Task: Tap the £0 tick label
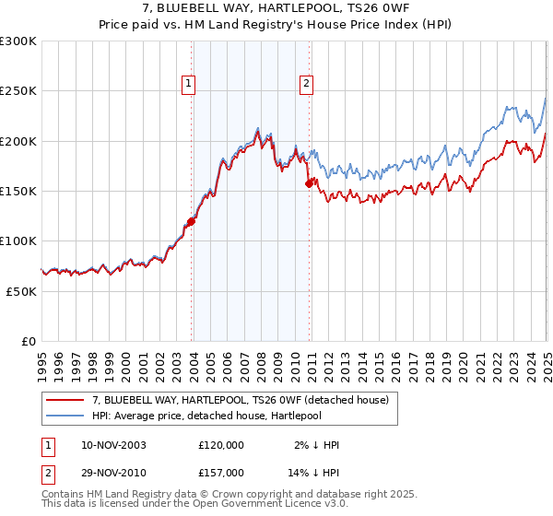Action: coord(29,341)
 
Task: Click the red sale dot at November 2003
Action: coord(192,221)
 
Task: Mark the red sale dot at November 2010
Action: coord(310,184)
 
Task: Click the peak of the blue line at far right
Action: coord(546,97)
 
